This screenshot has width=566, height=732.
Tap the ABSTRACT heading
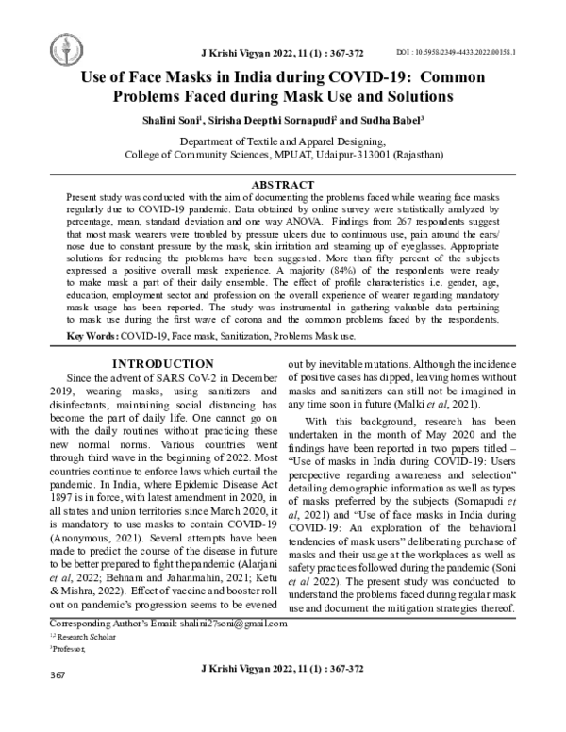[283, 184]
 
